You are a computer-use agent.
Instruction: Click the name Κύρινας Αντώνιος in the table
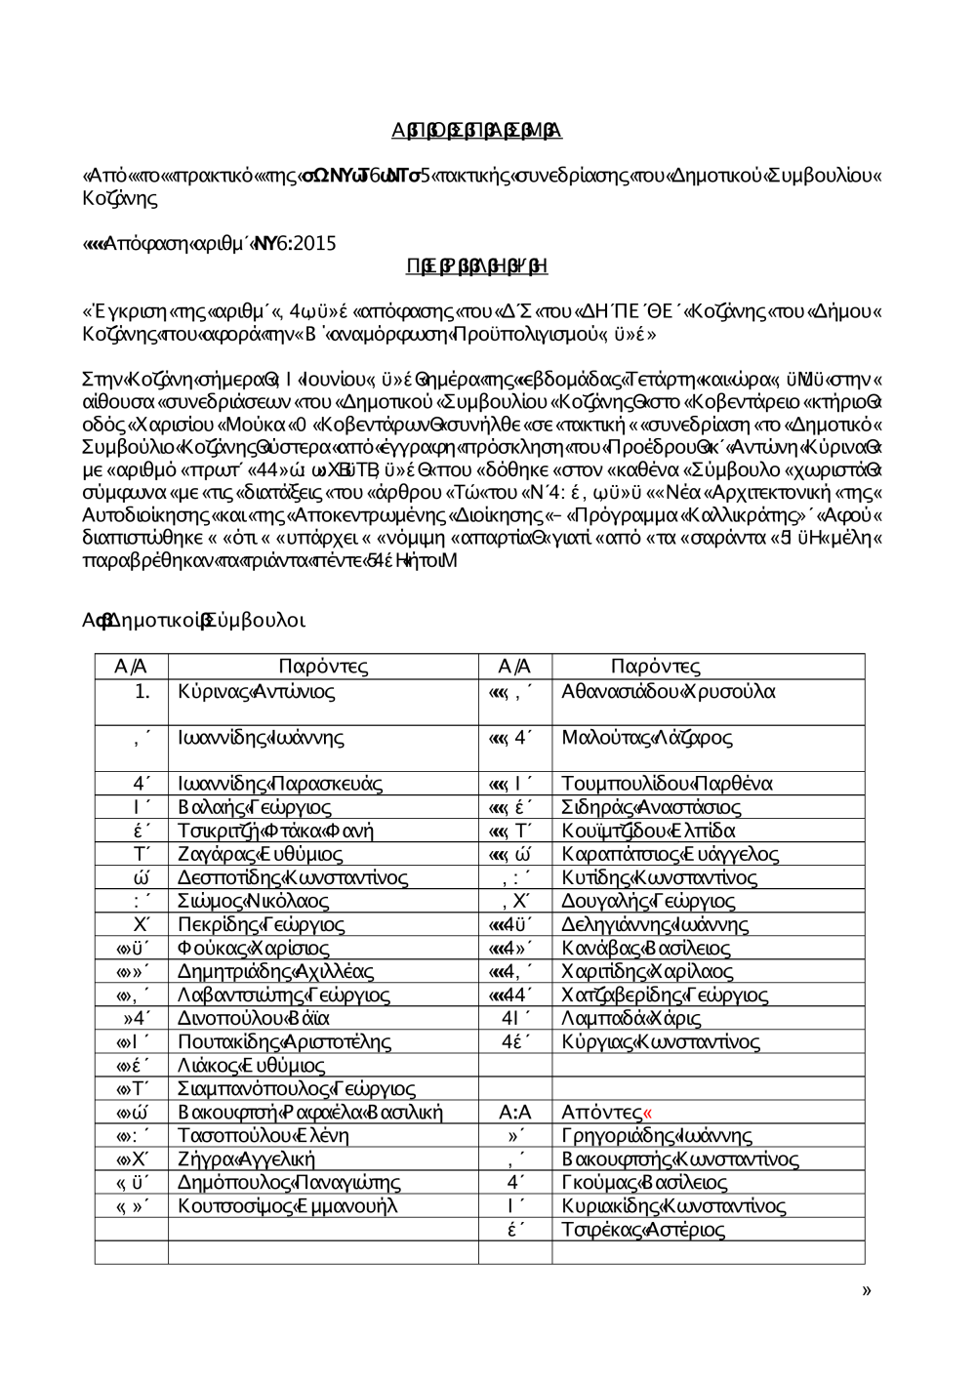coord(257,692)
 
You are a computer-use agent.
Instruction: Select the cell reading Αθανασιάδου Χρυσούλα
coord(669,692)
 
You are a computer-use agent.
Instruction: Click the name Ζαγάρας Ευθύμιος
coord(260,854)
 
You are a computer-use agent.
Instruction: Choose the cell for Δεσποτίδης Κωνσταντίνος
coord(293,877)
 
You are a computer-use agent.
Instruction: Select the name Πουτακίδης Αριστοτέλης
coord(284,1041)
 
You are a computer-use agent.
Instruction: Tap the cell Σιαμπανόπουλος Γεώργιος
coord(296,1088)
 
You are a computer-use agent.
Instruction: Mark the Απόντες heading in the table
coord(602,1112)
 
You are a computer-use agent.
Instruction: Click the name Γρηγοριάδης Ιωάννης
coord(657,1136)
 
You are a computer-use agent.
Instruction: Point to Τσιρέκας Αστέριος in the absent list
coord(643,1230)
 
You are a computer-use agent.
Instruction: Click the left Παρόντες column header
coord(323,667)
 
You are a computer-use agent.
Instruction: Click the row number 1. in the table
coord(142,692)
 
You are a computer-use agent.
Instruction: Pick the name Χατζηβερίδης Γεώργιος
coord(665,995)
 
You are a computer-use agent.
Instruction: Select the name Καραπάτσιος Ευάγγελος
coord(670,854)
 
